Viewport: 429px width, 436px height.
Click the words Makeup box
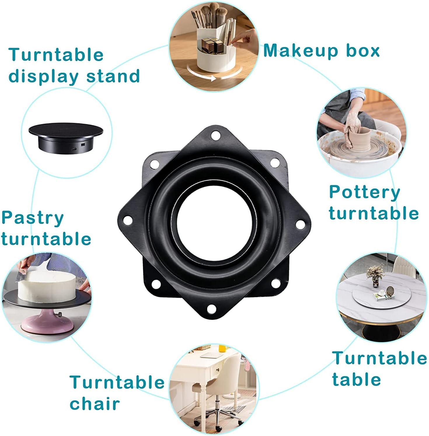(321, 50)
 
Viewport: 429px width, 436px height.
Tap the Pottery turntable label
(374, 203)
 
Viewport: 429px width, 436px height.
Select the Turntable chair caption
(117, 393)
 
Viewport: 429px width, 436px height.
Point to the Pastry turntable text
(46, 228)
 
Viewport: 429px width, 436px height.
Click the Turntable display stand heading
(74, 65)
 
